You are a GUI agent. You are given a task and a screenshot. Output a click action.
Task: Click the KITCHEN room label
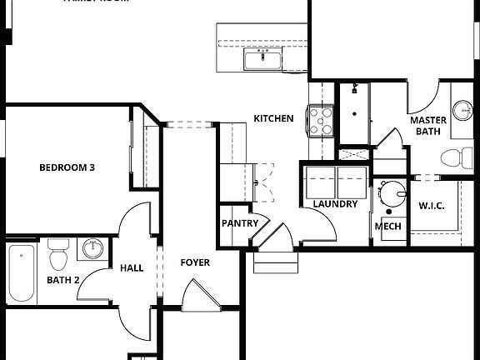pos(273,119)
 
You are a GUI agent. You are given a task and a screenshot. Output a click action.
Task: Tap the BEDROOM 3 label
pos(67,167)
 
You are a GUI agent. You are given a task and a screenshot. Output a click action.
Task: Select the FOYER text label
pos(195,263)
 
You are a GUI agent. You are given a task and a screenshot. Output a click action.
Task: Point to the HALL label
pos(132,268)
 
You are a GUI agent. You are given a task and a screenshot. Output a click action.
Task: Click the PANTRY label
pos(237,224)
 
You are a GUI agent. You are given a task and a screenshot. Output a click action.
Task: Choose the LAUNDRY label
pos(335,204)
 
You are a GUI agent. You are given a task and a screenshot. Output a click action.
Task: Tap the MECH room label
pos(388,227)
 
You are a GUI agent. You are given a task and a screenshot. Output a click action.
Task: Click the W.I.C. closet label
pos(432,205)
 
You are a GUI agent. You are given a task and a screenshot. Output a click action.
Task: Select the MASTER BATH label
pos(428,125)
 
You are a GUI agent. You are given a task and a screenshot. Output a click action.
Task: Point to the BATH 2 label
pos(62,280)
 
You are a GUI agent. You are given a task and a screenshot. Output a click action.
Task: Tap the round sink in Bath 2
pos(92,249)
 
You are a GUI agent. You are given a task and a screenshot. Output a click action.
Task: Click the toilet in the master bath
pos(456,157)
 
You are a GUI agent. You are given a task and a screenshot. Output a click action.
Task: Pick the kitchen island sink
pos(262,59)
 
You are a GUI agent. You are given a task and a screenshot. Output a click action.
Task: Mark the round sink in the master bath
pos(463,110)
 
